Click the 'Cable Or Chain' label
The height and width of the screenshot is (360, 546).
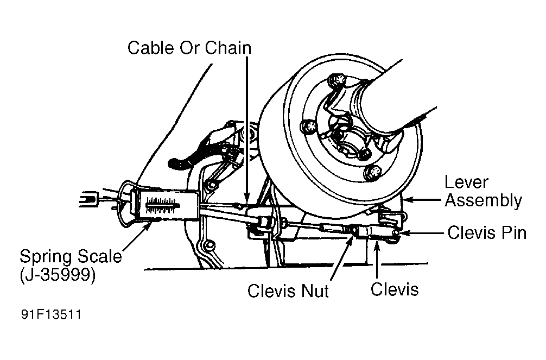189,48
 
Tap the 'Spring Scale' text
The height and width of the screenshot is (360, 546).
71,256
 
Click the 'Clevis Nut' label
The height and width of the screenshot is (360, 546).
288,290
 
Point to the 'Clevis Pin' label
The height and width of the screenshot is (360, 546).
487,233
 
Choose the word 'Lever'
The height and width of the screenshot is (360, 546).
466,182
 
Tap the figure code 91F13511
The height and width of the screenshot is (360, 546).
52,315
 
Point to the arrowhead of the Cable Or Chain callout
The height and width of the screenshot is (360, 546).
247,200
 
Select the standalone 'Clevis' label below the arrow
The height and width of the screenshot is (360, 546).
395,288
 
